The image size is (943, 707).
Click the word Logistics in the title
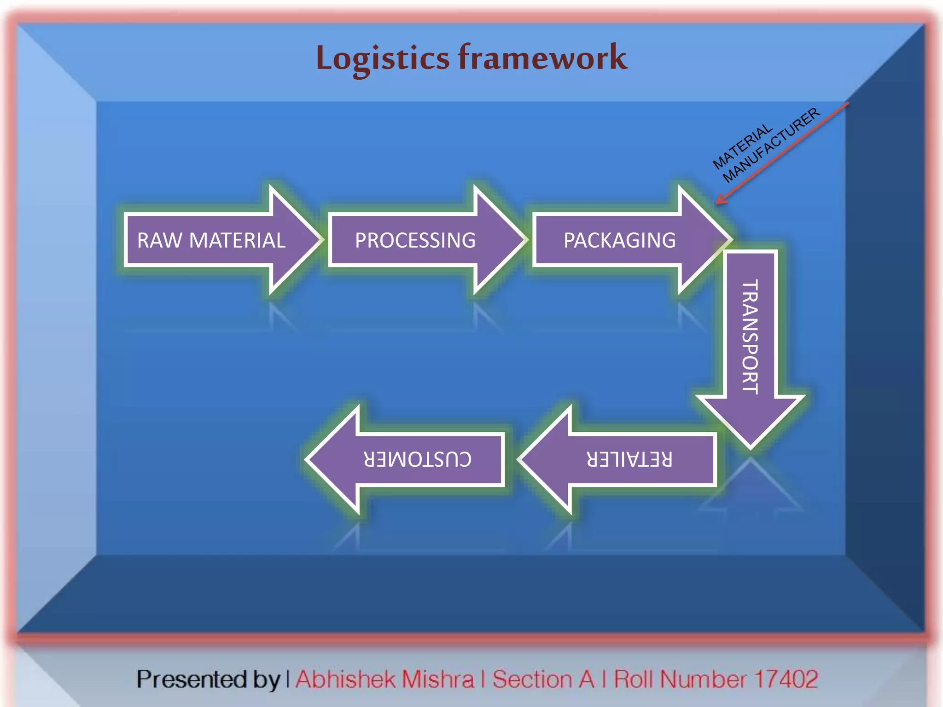[x=382, y=59]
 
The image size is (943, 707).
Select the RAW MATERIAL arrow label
[x=211, y=240]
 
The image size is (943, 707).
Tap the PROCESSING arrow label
[x=415, y=240]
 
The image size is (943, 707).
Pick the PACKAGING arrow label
[x=619, y=240]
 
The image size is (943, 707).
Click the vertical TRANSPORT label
[x=750, y=337]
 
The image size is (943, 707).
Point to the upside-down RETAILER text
[x=629, y=459]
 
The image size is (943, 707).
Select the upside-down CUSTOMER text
[x=417, y=459]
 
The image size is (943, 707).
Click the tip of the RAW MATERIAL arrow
[x=320, y=239]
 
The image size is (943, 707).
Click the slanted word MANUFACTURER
[x=772, y=145]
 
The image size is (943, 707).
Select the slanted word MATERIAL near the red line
[x=742, y=146]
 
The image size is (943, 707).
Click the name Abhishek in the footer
[x=345, y=679]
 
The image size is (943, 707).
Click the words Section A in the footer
[x=543, y=679]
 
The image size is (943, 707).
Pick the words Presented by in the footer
[x=208, y=679]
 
